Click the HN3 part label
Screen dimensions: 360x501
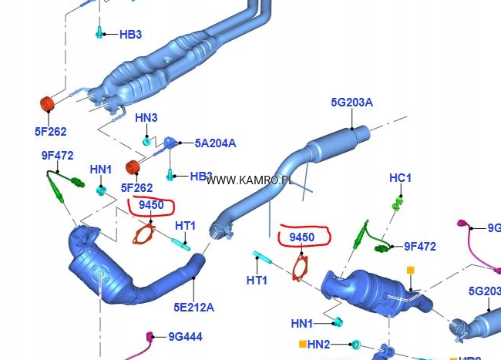146,118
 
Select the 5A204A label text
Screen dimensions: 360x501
215,143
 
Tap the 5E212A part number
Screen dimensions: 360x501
193,308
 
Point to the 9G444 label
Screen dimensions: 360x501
185,336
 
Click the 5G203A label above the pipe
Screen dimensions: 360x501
351,103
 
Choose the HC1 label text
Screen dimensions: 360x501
400,178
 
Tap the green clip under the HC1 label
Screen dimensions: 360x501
398,204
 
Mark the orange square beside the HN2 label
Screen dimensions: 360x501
301,344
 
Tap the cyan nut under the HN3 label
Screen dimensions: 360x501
146,141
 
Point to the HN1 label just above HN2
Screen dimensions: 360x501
301,323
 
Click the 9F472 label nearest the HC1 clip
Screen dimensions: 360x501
419,247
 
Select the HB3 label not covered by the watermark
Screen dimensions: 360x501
129,34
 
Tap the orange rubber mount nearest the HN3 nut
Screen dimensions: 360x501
133,167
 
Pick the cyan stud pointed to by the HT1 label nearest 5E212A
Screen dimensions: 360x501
183,246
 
